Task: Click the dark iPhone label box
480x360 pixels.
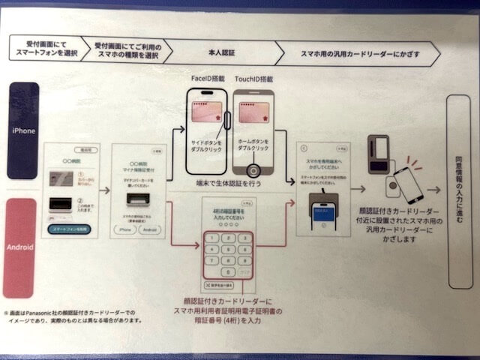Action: pyautogui.click(x=23, y=130)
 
